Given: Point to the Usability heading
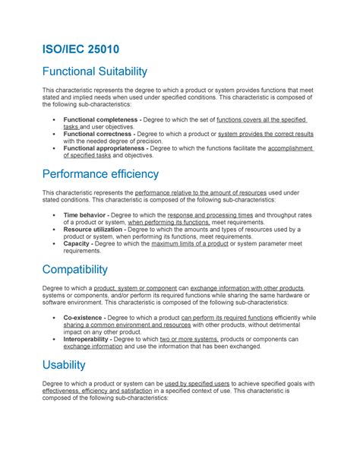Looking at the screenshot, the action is pyautogui.click(x=65, y=365).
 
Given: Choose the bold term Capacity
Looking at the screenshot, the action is pyautogui.click(x=78, y=243).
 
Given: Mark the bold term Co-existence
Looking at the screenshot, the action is pyautogui.click(x=84, y=317).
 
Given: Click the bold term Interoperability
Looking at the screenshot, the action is pyautogui.click(x=91, y=338).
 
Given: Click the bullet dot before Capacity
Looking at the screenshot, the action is pyautogui.click(x=52, y=243).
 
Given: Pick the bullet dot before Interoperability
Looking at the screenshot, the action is pyautogui.click(x=52, y=338).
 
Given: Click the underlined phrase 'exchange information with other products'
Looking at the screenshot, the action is pyautogui.click(x=246, y=289).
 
